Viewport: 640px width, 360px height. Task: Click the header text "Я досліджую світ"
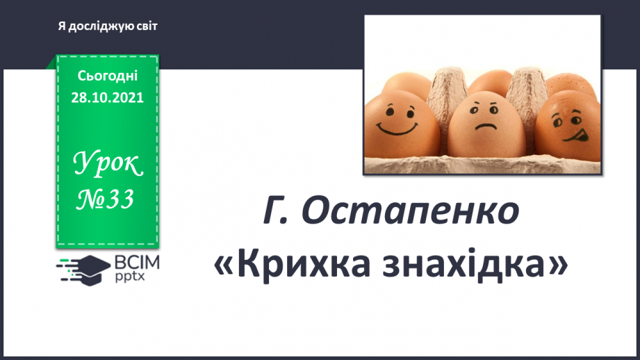coord(108,26)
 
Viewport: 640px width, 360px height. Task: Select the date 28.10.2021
coord(108,97)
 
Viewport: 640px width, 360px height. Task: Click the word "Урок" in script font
coord(108,165)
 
